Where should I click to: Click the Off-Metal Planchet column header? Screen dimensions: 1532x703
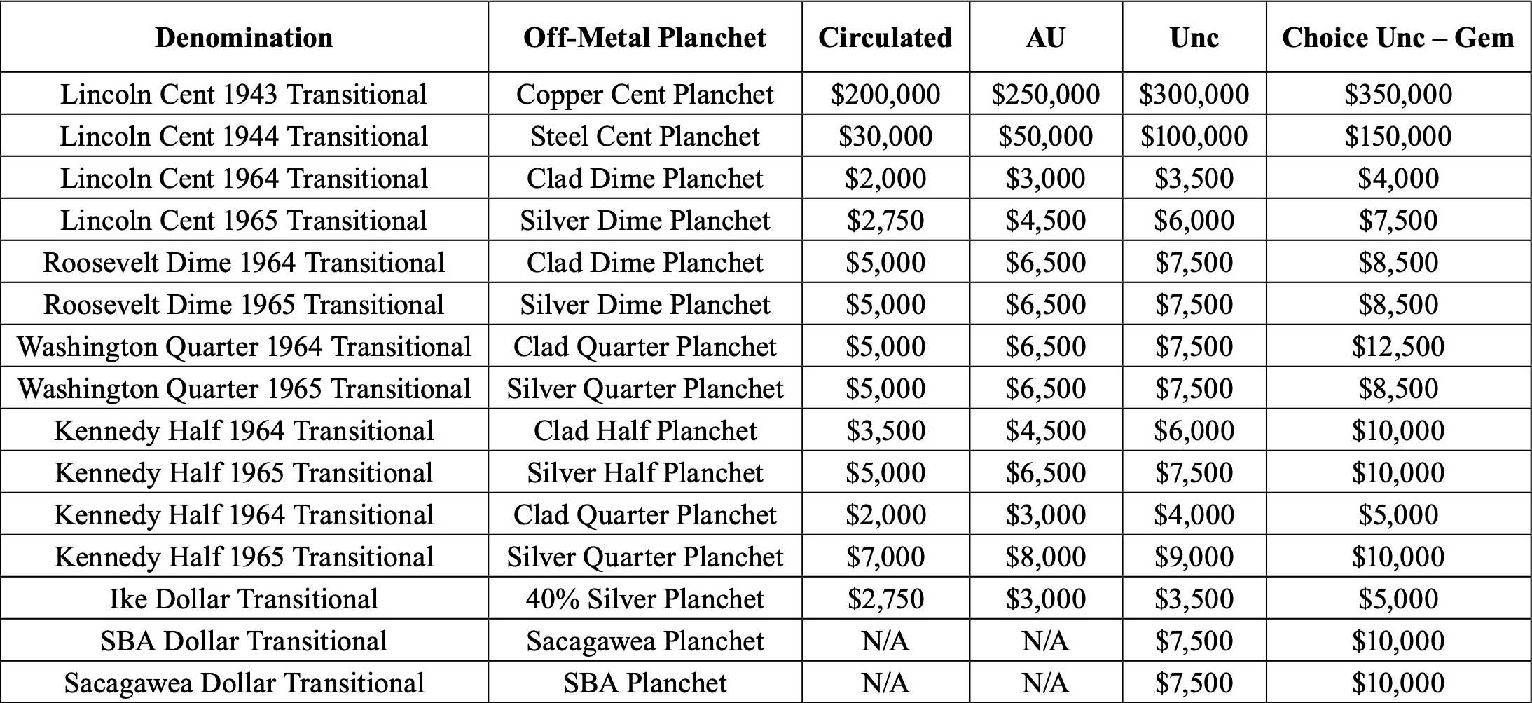(644, 37)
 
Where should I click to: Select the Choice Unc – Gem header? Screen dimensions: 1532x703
(1398, 37)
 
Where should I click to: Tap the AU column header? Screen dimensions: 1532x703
(1045, 37)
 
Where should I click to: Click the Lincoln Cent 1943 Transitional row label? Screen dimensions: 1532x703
(244, 94)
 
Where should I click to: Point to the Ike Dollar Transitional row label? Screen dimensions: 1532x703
(244, 599)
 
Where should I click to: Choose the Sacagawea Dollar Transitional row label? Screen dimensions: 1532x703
(244, 683)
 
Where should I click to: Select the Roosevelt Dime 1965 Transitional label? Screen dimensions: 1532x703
(244, 304)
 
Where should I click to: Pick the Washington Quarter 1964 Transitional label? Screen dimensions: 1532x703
(244, 346)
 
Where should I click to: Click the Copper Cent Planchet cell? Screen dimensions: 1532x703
(644, 94)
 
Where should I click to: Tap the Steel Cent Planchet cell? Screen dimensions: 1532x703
(644, 136)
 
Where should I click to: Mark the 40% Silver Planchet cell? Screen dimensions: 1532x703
(644, 599)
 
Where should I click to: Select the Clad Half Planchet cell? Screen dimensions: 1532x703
(644, 430)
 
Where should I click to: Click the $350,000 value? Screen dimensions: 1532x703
(1398, 94)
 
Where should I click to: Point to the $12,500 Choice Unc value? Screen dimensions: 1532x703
(1398, 346)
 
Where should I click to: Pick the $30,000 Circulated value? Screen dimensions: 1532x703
(885, 136)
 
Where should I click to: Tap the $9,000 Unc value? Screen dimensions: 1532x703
(1194, 557)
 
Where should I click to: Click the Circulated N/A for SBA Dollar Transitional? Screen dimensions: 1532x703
(885, 641)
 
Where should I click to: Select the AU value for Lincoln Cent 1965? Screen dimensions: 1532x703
(1045, 220)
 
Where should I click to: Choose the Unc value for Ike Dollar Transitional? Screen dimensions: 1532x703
(1194, 599)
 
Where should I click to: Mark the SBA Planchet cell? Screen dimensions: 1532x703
(644, 683)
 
